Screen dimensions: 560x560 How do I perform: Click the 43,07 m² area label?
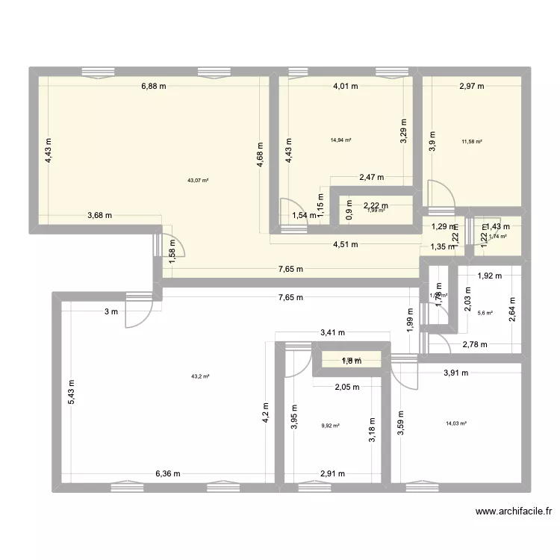coord(199,180)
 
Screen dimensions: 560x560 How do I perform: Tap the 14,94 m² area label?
coord(341,140)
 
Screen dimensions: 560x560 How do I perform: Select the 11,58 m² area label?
coord(472,141)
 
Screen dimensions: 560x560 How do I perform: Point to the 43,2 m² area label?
coord(200,376)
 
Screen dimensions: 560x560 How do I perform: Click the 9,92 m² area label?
coord(330,426)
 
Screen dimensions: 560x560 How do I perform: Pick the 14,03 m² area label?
coord(455,423)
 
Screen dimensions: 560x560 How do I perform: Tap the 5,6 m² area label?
coord(485,313)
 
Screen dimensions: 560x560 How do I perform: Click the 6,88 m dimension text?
coord(154,86)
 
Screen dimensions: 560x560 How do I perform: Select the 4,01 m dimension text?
coord(346,86)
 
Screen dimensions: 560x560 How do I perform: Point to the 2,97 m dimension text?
coord(471,86)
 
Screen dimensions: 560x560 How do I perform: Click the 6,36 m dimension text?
coord(167,473)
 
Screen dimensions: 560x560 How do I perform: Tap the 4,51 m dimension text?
coord(344,244)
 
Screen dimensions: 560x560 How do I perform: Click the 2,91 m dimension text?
coord(332,473)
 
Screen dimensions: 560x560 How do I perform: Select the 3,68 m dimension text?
coord(99,216)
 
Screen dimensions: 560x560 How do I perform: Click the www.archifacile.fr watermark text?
coord(514,511)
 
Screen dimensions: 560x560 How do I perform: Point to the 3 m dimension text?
coord(110,311)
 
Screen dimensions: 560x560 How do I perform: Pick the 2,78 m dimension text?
coord(474,344)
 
